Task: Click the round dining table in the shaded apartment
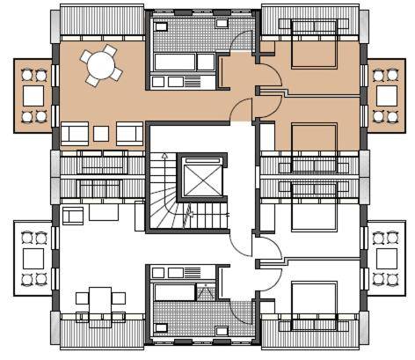click(x=99, y=64)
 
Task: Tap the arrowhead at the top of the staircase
click(x=163, y=157)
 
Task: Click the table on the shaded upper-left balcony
click(x=34, y=93)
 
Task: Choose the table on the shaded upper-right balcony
click(x=386, y=93)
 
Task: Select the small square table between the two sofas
click(x=101, y=134)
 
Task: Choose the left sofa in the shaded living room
click(x=75, y=134)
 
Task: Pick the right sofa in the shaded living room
click(x=129, y=133)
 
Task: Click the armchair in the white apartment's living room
click(x=73, y=214)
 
